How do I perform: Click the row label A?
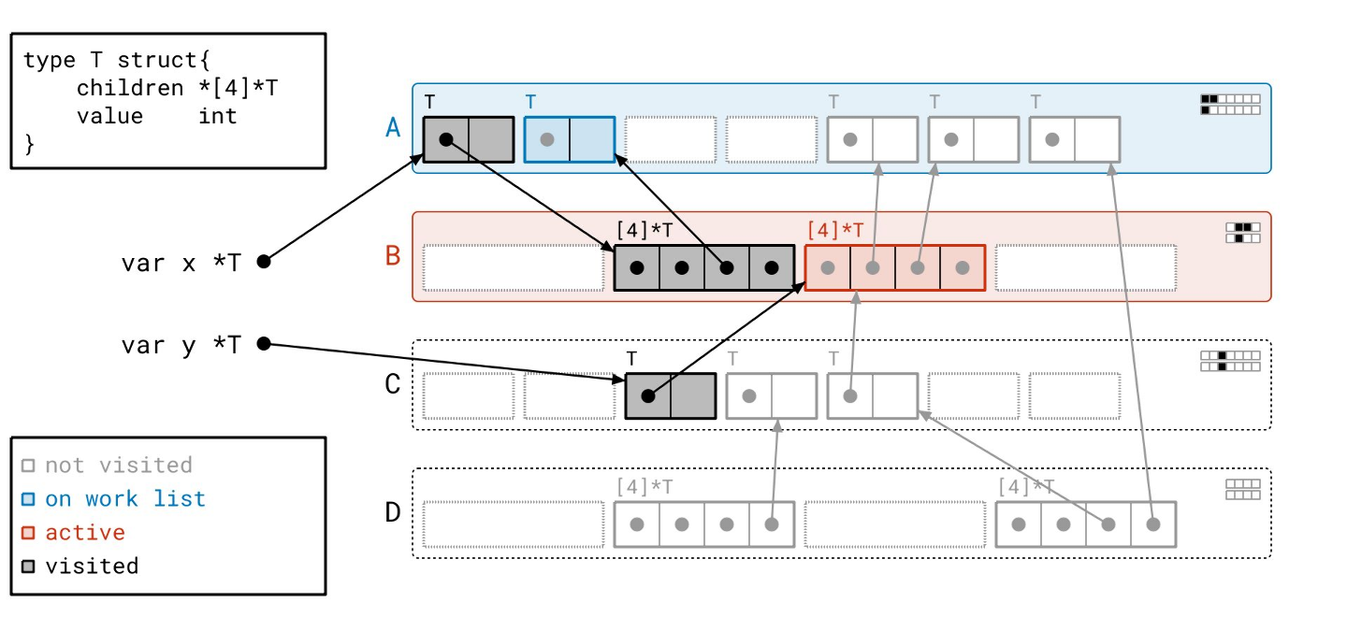(393, 127)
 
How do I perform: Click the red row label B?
(393, 255)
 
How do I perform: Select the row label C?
(393, 384)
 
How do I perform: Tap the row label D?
(393, 512)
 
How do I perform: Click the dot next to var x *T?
(264, 262)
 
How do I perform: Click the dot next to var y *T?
(264, 344)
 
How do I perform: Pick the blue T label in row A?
(530, 101)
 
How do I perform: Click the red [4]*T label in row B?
(835, 230)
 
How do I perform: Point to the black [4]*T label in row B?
(645, 230)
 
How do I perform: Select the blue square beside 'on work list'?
(28, 499)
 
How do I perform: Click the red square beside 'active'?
(28, 533)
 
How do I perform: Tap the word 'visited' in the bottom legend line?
(92, 566)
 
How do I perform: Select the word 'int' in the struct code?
(218, 116)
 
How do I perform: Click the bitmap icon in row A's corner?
(1230, 104)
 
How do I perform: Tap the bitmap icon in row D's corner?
(1242, 490)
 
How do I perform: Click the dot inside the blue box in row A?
(547, 139)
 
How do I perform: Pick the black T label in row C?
(631, 358)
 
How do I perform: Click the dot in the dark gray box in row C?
(648, 396)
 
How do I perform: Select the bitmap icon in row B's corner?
(1242, 232)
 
